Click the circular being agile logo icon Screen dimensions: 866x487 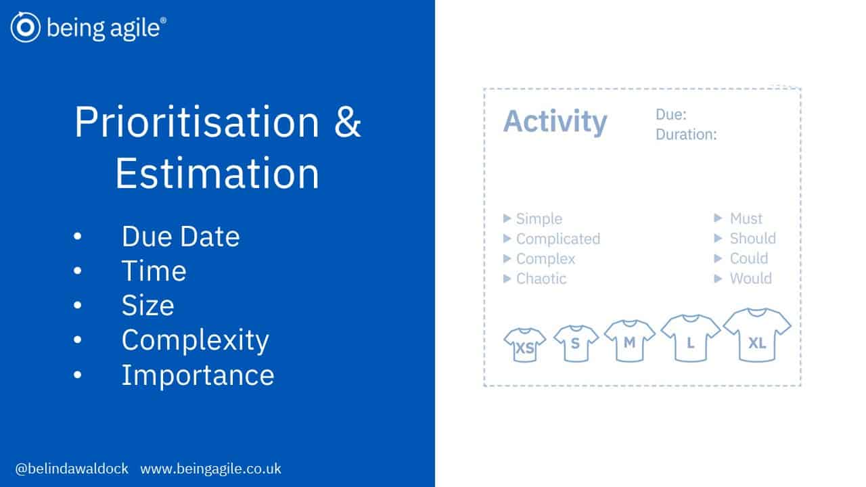point(26,27)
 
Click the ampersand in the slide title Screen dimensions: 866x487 point(347,122)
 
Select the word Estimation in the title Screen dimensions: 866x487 point(217,173)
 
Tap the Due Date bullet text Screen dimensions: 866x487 point(181,236)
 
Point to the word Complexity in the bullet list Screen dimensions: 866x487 point(196,341)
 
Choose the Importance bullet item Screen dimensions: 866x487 point(198,375)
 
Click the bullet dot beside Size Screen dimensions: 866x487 point(77,305)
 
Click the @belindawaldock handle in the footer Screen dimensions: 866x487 point(72,469)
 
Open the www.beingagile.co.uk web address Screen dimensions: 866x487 point(210,469)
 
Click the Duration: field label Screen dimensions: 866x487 point(686,135)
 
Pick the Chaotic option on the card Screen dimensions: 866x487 point(541,279)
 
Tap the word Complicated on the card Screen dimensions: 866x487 point(558,239)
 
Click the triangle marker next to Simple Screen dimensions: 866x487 point(507,218)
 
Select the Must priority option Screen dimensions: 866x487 point(746,218)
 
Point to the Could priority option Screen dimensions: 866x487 point(749,258)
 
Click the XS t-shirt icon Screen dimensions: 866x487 point(524,345)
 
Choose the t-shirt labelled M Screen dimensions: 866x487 point(629,340)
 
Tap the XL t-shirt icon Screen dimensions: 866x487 point(757,335)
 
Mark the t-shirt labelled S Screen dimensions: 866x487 point(576,343)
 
